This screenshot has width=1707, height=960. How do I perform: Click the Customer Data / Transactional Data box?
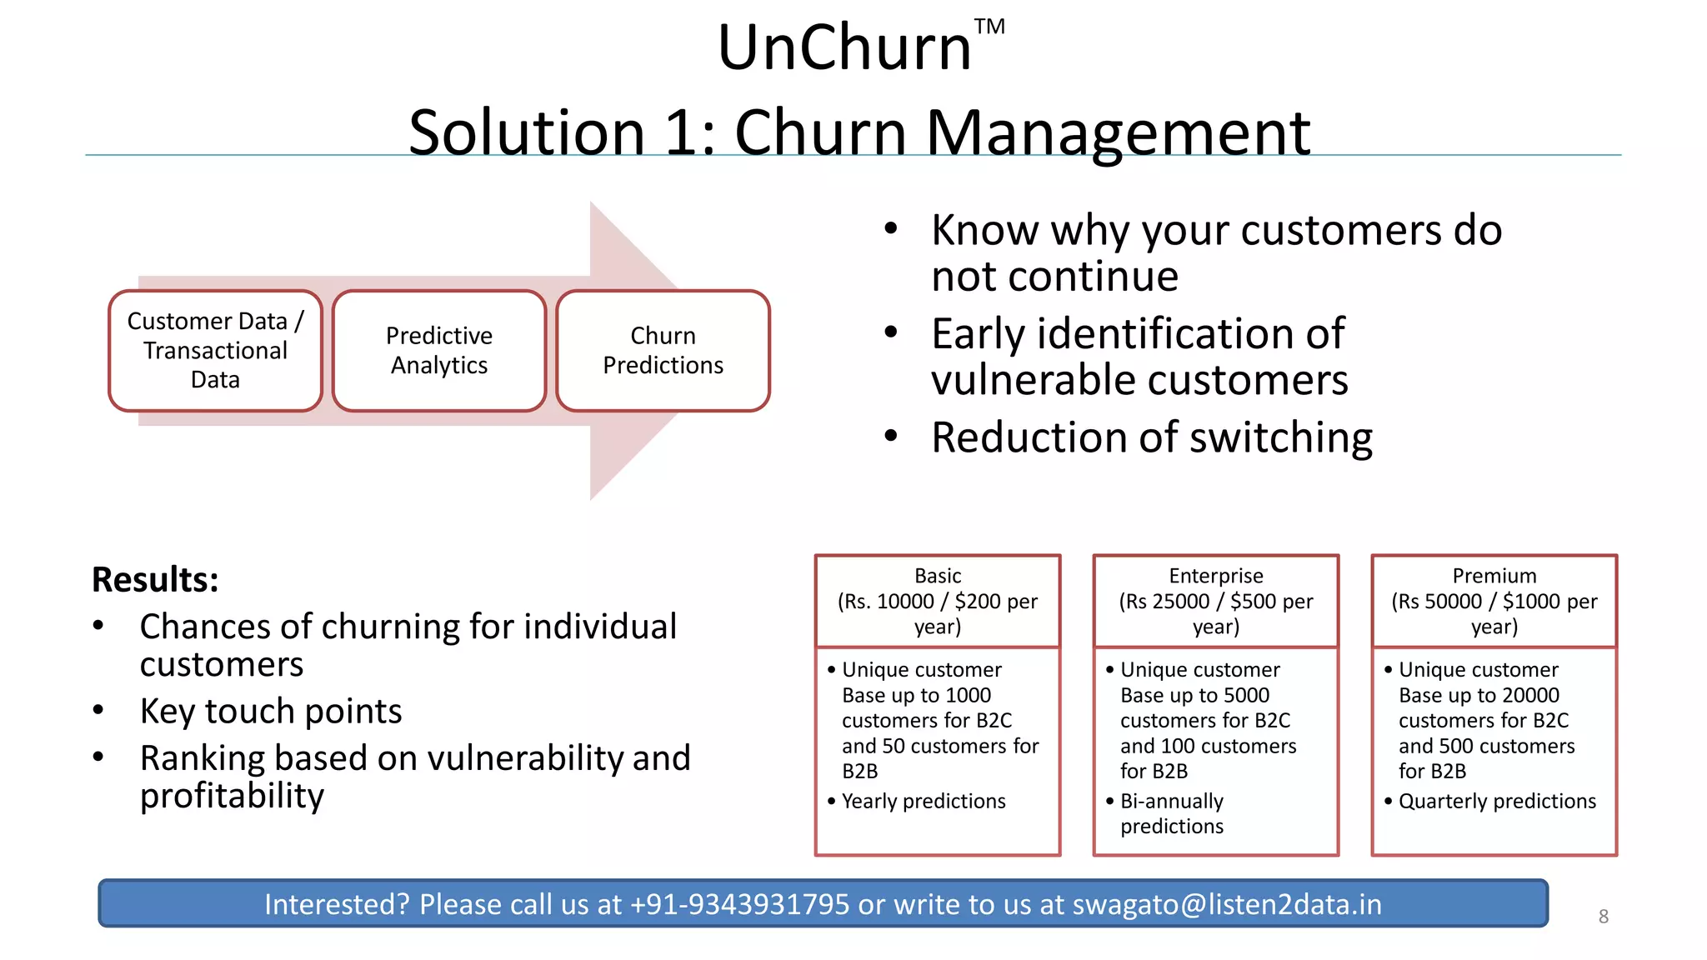(215, 351)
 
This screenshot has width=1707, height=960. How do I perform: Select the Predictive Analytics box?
(439, 351)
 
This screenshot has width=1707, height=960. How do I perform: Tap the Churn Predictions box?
(663, 351)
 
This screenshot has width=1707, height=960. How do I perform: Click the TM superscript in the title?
(989, 27)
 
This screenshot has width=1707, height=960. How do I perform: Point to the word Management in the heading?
(1118, 133)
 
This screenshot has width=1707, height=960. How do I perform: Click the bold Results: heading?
(155, 580)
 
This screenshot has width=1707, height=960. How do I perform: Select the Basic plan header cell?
(938, 601)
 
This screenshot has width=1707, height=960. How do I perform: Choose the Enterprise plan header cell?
(1216, 601)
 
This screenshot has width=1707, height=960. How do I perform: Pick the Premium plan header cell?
(1494, 601)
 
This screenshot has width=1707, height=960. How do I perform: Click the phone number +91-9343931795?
(739, 904)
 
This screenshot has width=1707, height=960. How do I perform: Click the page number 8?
(1603, 917)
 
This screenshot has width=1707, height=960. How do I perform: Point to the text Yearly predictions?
(924, 802)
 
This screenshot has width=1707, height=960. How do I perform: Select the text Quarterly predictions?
(1497, 802)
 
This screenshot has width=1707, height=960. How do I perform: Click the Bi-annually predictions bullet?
(1172, 814)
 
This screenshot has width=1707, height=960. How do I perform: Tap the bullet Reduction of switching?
(1151, 437)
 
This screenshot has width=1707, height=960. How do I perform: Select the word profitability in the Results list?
(232, 797)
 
